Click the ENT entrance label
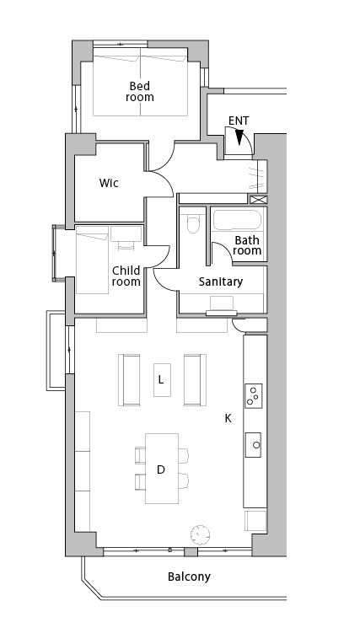point(239,121)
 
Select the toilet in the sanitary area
point(193,224)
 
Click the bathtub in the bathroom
point(237,221)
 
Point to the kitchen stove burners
point(254,395)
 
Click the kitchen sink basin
point(253,445)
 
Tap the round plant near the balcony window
point(200,534)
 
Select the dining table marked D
point(162,469)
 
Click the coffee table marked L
point(162,380)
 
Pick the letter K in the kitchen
point(228,419)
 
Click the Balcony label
point(189,577)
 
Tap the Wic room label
point(109,183)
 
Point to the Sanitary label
point(221,282)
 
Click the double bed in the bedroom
point(141,82)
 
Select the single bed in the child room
point(93,260)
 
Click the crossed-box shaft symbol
point(258,200)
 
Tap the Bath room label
point(247,245)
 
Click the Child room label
point(126,276)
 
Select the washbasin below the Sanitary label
point(221,306)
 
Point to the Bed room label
point(140,91)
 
